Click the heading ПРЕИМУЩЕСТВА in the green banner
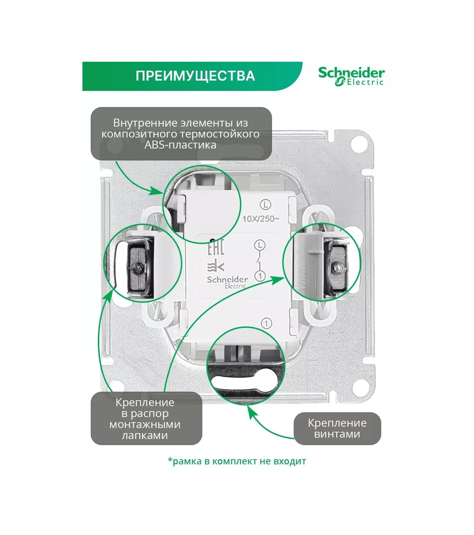pyautogui.click(x=195, y=76)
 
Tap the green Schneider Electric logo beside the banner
pyautogui.click(x=351, y=76)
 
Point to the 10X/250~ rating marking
pyautogui.click(x=261, y=219)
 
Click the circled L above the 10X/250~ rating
pyautogui.click(x=266, y=205)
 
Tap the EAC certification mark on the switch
pyautogui.click(x=216, y=247)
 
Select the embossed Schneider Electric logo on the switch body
pyautogui.click(x=227, y=282)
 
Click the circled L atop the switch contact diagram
pyautogui.click(x=260, y=245)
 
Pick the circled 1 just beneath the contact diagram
pyautogui.click(x=260, y=275)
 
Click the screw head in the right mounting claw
pyautogui.click(x=338, y=268)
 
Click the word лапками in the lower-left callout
pyautogui.click(x=145, y=435)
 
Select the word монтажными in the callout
pyautogui.click(x=145, y=424)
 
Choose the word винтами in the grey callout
pyautogui.click(x=337, y=434)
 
